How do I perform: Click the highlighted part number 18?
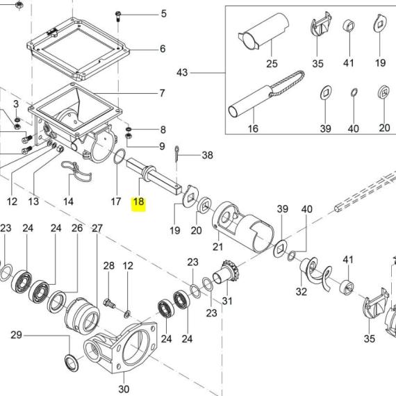[139, 201]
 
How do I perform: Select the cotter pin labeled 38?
[177, 154]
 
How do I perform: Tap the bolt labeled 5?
[118, 16]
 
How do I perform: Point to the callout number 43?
[182, 73]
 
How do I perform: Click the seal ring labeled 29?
[72, 363]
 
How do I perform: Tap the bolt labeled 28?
[109, 304]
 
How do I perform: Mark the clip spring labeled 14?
[76, 172]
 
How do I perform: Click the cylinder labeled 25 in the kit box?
[263, 31]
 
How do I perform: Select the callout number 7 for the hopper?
[162, 93]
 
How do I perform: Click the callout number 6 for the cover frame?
[163, 49]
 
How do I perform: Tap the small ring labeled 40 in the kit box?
[354, 92]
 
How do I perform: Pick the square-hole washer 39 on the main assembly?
[281, 248]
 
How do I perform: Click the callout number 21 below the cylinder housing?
[217, 247]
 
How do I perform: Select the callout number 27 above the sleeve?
[97, 228]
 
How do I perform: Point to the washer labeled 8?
[129, 129]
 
